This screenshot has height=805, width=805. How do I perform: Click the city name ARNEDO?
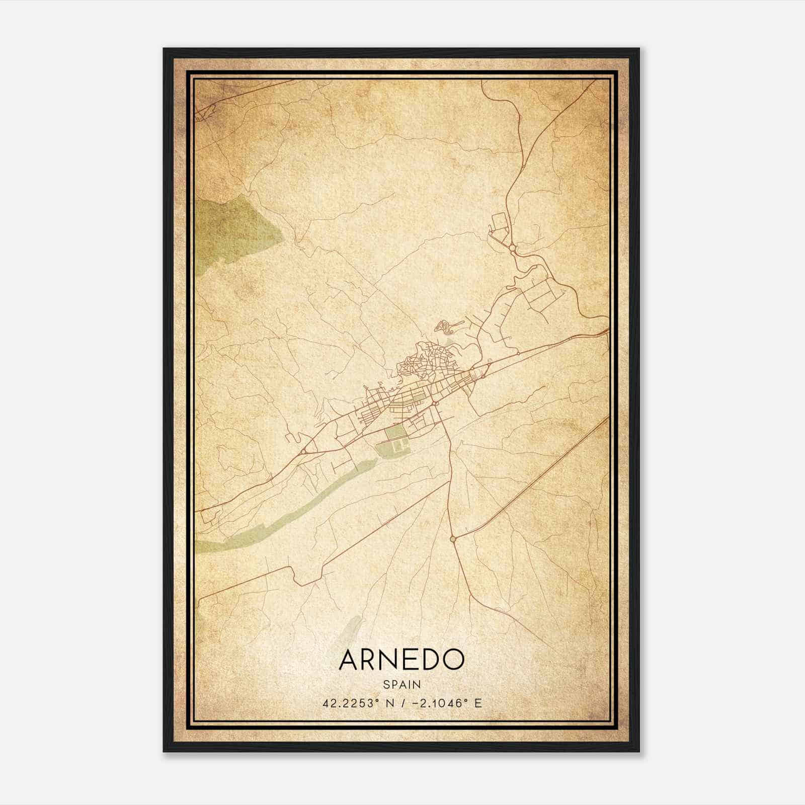point(401,660)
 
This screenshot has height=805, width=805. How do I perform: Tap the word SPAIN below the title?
point(401,685)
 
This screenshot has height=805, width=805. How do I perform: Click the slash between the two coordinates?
point(401,703)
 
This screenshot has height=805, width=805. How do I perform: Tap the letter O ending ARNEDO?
point(453,660)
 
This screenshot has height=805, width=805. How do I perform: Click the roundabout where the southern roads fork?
point(453,539)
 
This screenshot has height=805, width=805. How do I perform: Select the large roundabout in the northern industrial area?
point(512,248)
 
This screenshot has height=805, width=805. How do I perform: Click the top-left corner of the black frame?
point(165,49)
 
